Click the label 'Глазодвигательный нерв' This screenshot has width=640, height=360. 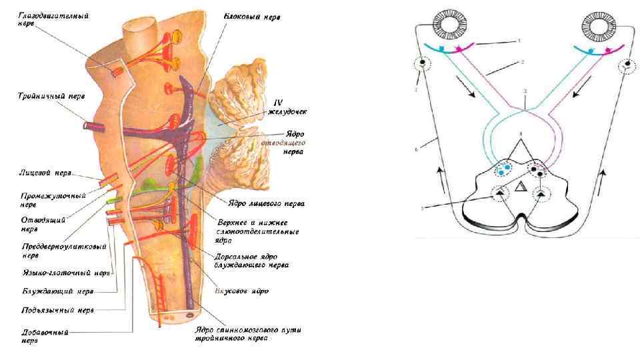click(x=44, y=18)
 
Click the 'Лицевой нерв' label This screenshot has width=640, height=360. click(x=45, y=173)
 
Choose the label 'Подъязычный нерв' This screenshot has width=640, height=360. click(x=59, y=309)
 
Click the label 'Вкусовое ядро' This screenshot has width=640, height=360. click(x=241, y=291)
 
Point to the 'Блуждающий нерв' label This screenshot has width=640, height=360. click(x=57, y=291)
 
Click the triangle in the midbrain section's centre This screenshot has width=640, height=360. click(x=521, y=187)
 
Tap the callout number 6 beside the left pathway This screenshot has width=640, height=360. click(x=416, y=150)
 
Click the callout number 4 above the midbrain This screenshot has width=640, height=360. click(x=521, y=135)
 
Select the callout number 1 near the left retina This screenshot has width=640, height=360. click(x=518, y=41)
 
